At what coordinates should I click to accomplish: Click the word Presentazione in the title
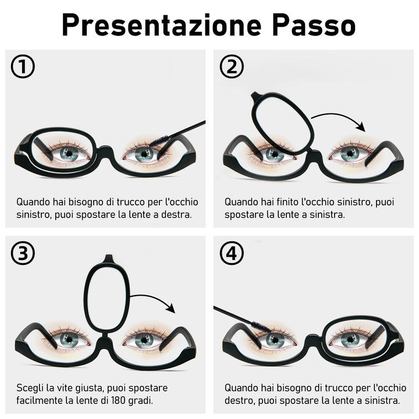tap(161, 25)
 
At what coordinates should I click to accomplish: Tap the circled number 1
tap(23, 66)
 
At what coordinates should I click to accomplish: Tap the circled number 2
tap(232, 66)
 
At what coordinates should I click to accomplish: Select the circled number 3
tap(23, 253)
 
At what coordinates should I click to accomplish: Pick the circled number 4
tap(232, 253)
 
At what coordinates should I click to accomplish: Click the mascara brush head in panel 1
tap(159, 141)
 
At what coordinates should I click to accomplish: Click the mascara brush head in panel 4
tap(261, 326)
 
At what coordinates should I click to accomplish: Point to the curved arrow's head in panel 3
tap(171, 308)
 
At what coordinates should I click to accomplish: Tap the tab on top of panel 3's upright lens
tap(108, 258)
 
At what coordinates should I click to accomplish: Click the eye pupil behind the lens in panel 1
tap(69, 154)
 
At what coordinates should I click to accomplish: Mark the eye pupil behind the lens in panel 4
tap(350, 339)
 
